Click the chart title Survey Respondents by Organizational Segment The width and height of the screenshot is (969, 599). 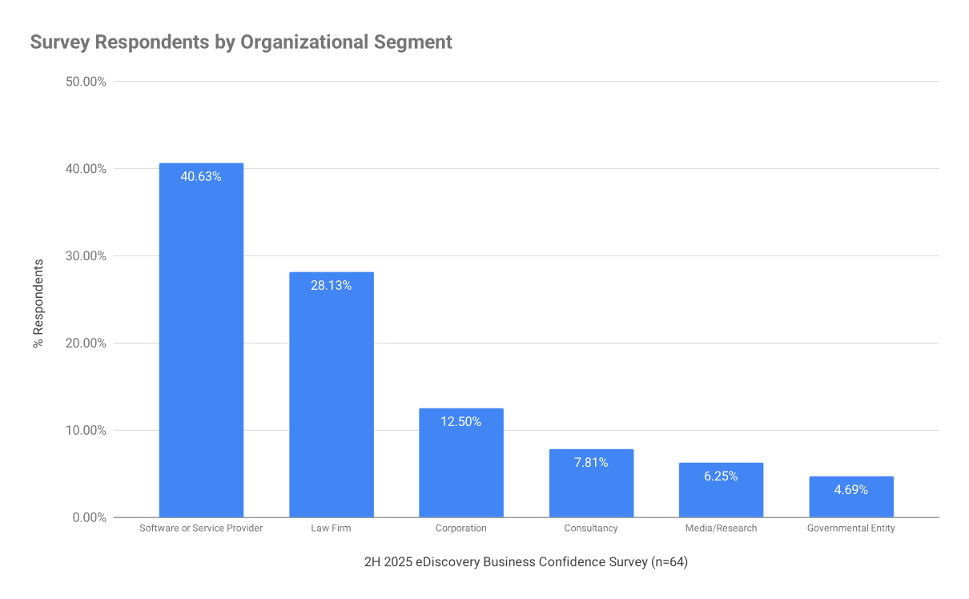coord(241,42)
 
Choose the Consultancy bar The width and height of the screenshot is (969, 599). coord(591,484)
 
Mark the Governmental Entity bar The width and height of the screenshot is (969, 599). coord(851,497)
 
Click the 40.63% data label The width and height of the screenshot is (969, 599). coord(201,177)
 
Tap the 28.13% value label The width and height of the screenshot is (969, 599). coord(331,285)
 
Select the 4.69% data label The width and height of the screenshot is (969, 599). coord(851,489)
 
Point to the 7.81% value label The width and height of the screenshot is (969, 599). coord(591,462)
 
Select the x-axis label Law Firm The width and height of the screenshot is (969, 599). coord(331,529)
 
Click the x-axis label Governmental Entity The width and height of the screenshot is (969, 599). coord(851,529)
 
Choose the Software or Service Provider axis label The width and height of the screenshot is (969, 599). coord(201,529)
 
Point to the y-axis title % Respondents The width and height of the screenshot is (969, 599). coord(38,303)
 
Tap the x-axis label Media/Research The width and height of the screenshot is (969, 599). coord(721,529)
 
